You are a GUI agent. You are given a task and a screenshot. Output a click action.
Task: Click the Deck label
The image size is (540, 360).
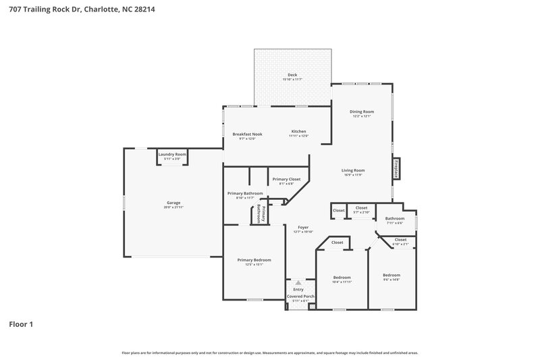click(292, 75)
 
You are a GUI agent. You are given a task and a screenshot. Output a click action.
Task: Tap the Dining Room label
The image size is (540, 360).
click(361, 111)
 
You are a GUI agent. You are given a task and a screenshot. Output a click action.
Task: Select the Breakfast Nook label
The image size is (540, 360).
click(247, 134)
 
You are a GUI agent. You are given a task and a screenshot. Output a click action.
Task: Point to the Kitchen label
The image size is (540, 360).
click(298, 131)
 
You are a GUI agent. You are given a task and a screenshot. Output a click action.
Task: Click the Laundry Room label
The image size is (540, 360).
click(171, 155)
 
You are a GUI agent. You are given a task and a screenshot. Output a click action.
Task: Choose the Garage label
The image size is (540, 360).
click(173, 202)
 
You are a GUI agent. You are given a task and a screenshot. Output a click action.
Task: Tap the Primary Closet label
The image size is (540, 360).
click(286, 179)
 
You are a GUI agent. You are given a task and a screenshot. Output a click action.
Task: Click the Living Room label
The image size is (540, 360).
click(353, 170)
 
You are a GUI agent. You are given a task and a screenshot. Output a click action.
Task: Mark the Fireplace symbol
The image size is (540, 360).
click(396, 168)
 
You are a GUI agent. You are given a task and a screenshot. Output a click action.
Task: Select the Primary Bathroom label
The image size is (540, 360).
click(244, 193)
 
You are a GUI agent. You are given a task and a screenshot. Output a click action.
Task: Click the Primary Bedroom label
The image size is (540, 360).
click(254, 259)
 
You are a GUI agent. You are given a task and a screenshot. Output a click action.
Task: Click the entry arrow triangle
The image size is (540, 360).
click(298, 283)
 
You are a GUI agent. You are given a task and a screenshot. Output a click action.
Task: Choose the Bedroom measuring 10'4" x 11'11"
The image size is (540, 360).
click(342, 277)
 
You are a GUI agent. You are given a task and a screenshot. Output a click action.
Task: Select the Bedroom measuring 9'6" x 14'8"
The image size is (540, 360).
click(391, 275)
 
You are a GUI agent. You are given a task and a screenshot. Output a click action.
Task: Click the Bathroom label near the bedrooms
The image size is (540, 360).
click(395, 218)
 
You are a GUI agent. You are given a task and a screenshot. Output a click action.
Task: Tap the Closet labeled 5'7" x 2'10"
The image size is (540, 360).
click(361, 208)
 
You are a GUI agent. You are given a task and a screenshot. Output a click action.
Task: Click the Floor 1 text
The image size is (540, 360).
click(21, 324)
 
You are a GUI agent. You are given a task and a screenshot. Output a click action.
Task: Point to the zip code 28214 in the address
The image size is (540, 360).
click(146, 9)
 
